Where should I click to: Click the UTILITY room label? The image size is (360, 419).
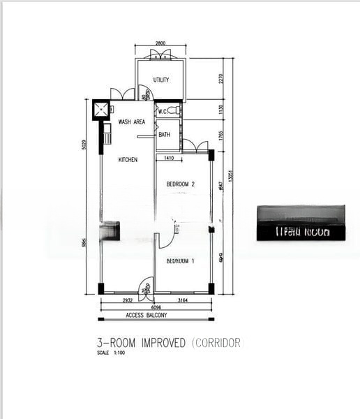tap(161, 80)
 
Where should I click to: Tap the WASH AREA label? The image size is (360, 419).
tap(131, 122)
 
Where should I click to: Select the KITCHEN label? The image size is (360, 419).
tap(128, 160)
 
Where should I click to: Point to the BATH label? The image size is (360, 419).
tap(165, 135)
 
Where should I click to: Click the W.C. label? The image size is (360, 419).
tap(163, 111)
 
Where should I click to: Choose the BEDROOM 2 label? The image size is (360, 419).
tap(180, 184)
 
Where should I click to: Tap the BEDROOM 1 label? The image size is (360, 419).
tap(180, 261)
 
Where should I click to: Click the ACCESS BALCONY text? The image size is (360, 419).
tap(147, 316)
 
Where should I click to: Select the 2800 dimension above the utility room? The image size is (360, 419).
tap(160, 45)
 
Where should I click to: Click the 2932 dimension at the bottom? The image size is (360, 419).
tap(128, 300)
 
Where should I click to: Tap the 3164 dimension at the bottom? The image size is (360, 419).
tap(183, 300)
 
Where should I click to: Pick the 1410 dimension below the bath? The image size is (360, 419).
tap(168, 159)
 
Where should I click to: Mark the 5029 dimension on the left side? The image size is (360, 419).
tap(83, 145)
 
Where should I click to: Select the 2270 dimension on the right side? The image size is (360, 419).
tap(220, 78)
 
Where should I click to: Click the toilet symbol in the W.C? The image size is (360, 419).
tap(174, 110)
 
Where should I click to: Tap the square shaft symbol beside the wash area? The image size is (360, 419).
tap(102, 110)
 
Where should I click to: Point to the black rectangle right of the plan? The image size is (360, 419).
tap(301, 223)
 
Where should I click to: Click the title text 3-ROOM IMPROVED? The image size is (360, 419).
tap(142, 343)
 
